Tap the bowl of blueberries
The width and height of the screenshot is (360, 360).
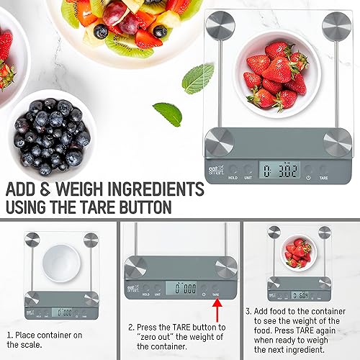point(50,127)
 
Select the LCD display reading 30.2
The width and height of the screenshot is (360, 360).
point(271,171)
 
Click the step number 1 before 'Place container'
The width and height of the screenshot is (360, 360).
point(9,334)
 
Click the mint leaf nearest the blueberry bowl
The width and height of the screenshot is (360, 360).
point(168,113)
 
